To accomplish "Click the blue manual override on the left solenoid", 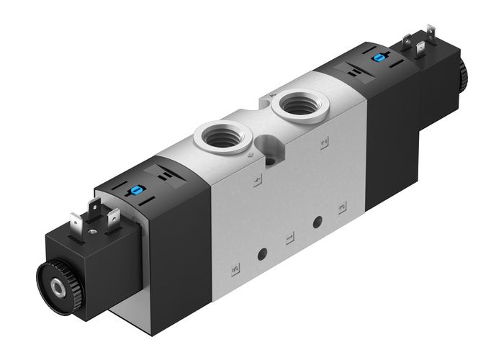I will pyautogui.click(x=134, y=192).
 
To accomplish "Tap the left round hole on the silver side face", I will pyautogui.click(x=263, y=252).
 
